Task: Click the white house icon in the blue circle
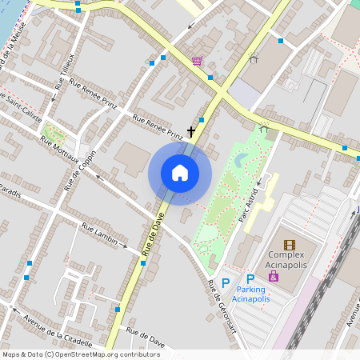pos(180,173)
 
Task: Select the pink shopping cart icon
pos(197,61)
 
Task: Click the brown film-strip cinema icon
pos(289,245)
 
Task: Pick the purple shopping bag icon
pos(274,276)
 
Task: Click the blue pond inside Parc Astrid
pos(241,161)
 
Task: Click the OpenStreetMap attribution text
pos(80,354)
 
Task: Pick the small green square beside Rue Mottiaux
pos(54,130)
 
